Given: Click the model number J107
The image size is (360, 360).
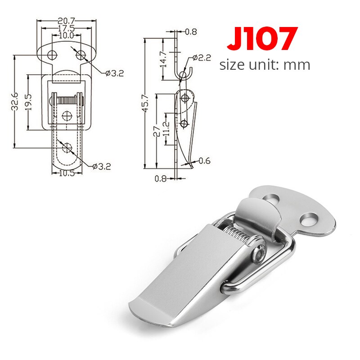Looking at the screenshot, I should click(262, 39).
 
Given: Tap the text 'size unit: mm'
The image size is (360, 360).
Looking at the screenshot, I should click(265, 65).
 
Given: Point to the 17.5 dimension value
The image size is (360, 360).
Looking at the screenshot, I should click(66, 27).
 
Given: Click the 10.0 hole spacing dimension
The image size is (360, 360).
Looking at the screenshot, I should click(66, 35).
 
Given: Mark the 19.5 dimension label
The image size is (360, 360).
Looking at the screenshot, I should click(28, 103).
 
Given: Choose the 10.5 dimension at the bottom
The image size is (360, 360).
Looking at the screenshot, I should click(67, 173).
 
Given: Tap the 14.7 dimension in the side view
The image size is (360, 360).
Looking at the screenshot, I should click(163, 58).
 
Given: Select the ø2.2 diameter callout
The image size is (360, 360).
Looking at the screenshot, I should click(201, 58).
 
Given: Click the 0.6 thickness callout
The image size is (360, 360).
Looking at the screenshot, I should click(203, 161).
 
